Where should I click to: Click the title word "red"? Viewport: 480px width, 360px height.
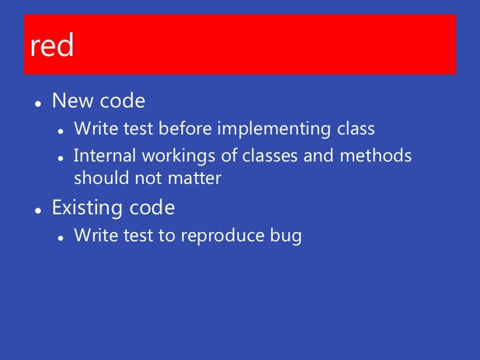[51, 47]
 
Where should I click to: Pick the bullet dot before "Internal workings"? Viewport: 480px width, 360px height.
[60, 158]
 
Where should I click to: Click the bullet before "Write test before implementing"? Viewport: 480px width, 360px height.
[60, 131]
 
